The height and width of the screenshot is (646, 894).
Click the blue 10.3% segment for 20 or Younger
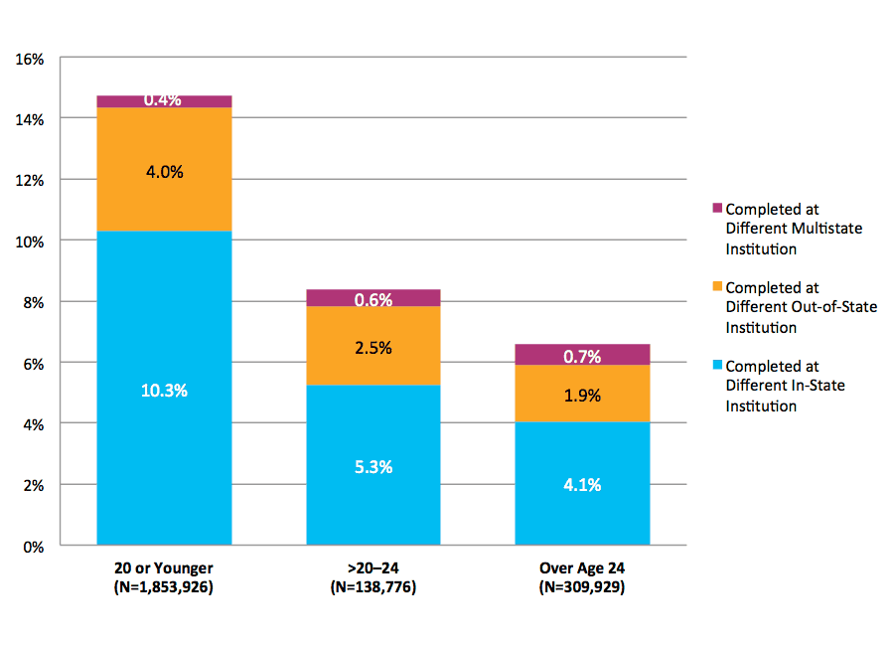[164, 389]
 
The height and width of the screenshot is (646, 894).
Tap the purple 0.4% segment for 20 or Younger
[164, 101]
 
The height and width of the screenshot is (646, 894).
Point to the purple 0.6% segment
[373, 298]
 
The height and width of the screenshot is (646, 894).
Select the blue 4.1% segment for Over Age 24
[582, 484]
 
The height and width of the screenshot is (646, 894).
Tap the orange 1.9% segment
[582, 394]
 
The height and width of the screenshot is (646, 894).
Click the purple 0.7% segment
[582, 355]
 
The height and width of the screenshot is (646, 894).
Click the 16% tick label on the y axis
[31, 58]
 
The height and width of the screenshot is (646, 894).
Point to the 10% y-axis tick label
[31, 242]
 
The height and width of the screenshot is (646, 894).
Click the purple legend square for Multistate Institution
[717, 209]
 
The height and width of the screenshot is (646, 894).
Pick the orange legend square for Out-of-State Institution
[717, 287]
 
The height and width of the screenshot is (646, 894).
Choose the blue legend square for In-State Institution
[717, 366]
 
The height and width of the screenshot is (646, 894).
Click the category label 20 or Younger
[164, 568]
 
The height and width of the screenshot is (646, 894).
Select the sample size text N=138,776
[373, 587]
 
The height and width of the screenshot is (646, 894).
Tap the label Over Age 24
[582, 568]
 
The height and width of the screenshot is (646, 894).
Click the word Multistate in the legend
[823, 229]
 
